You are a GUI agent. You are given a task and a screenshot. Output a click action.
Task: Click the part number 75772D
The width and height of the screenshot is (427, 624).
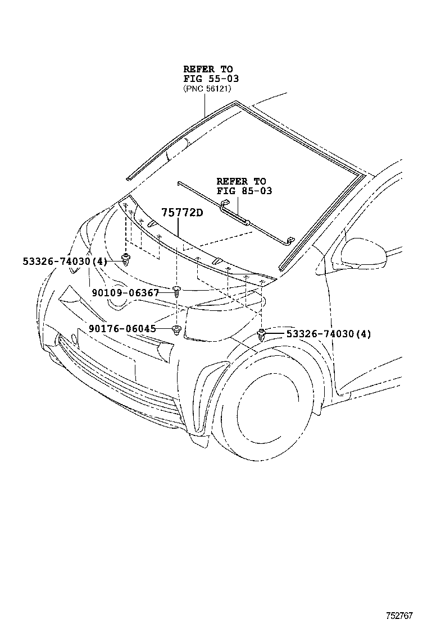click(x=181, y=213)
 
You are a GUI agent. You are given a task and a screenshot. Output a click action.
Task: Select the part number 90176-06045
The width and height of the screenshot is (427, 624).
click(x=122, y=329)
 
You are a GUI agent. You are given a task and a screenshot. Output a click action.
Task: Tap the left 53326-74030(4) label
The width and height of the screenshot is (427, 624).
click(x=65, y=261)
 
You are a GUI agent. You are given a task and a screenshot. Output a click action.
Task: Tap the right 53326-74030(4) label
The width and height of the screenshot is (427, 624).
click(x=329, y=334)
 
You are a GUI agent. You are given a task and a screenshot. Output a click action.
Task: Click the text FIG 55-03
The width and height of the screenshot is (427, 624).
click(x=211, y=79)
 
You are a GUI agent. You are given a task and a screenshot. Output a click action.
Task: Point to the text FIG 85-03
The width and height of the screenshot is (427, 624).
click(x=244, y=191)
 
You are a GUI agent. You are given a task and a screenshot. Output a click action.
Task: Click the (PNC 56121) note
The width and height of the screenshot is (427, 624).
click(x=207, y=89)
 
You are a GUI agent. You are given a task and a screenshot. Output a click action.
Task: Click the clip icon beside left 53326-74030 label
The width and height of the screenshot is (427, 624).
click(x=126, y=259)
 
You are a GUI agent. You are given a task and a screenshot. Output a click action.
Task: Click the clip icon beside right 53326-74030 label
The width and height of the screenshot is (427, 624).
click(x=262, y=334)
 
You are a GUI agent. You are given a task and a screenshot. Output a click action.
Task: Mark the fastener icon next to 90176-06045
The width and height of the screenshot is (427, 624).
click(x=176, y=329)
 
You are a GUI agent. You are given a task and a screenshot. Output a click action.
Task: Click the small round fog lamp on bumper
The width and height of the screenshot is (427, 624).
click(x=74, y=339)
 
